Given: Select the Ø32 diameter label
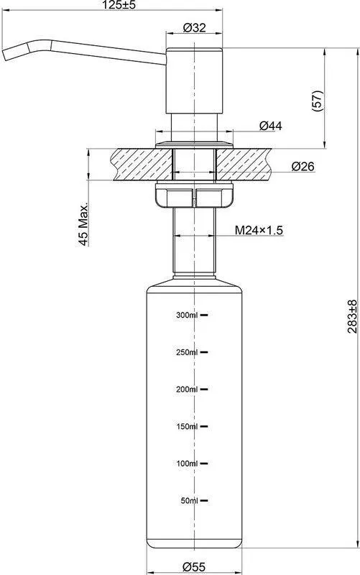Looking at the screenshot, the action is [194, 27].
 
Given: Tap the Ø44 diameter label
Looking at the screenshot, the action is [271, 126].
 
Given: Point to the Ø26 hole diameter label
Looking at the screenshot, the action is [303, 166].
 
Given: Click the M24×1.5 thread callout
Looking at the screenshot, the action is [259, 230].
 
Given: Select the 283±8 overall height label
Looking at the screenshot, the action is [352, 316].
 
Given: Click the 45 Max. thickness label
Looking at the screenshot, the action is [83, 224].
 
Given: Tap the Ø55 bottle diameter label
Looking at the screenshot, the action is [194, 566].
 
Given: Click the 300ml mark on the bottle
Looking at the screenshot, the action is [187, 315].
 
